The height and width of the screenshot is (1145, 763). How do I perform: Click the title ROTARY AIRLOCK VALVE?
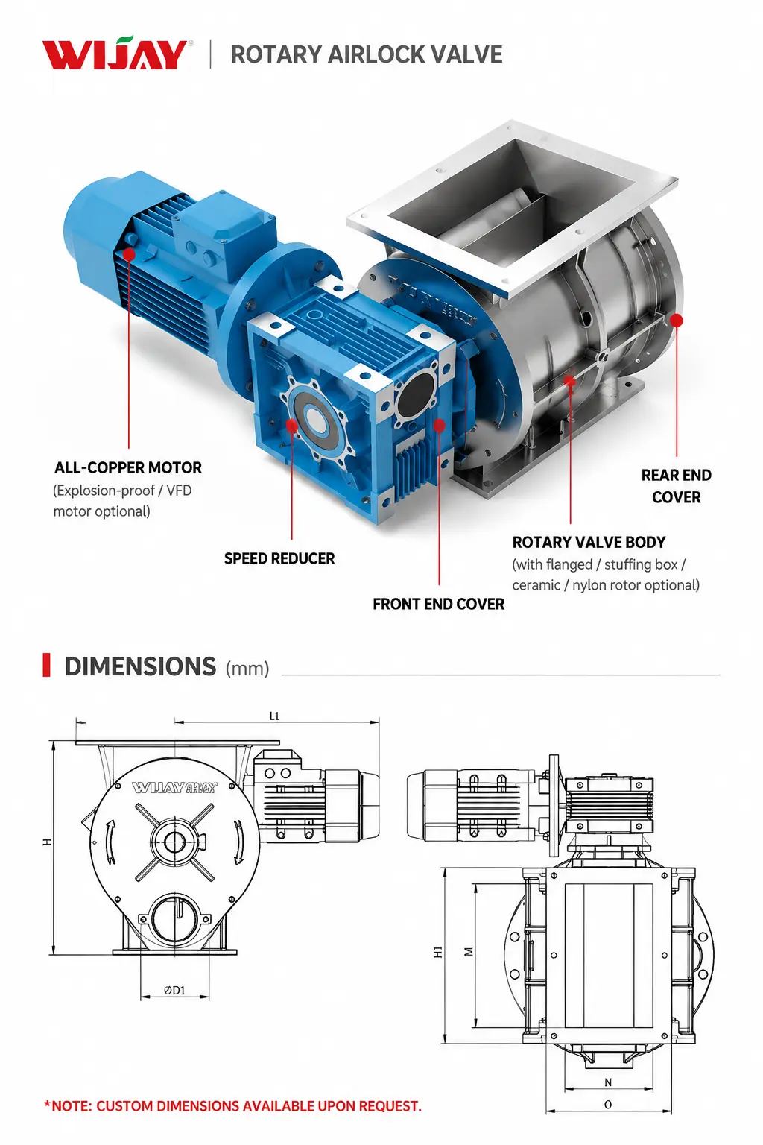coord(367,54)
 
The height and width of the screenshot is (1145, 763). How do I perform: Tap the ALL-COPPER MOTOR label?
coord(127,467)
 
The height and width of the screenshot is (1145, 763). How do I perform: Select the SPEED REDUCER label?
coord(279,558)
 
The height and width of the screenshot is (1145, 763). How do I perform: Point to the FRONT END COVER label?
coord(438,605)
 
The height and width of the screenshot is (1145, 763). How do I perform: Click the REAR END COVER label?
coord(676,486)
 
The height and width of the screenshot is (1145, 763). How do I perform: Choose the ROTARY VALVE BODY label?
coord(589,542)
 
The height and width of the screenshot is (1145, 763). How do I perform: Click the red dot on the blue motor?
coord(129,254)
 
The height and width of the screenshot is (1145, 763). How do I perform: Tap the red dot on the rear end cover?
coord(677,321)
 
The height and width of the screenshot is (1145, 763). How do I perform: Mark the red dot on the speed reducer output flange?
coord(292,426)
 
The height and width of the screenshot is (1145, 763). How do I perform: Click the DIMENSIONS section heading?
coord(140,666)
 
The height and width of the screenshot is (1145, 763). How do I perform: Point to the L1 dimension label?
coord(274,716)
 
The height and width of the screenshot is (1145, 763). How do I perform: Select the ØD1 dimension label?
coord(175,990)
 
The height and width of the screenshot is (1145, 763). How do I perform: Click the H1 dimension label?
coord(438,952)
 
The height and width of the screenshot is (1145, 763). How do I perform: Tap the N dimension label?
coord(608,1082)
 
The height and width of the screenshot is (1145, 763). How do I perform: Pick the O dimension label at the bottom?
coord(608,1105)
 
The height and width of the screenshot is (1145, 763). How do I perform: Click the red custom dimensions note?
coord(233,1106)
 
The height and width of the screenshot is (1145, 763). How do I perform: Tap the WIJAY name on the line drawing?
coord(174,787)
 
